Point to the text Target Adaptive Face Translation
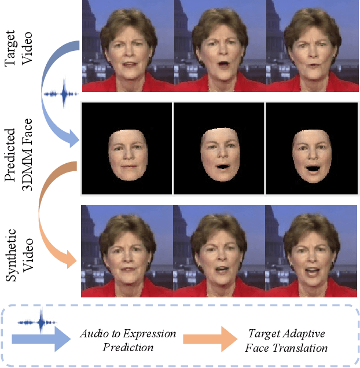[288, 341]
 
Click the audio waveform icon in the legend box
[39, 321]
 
